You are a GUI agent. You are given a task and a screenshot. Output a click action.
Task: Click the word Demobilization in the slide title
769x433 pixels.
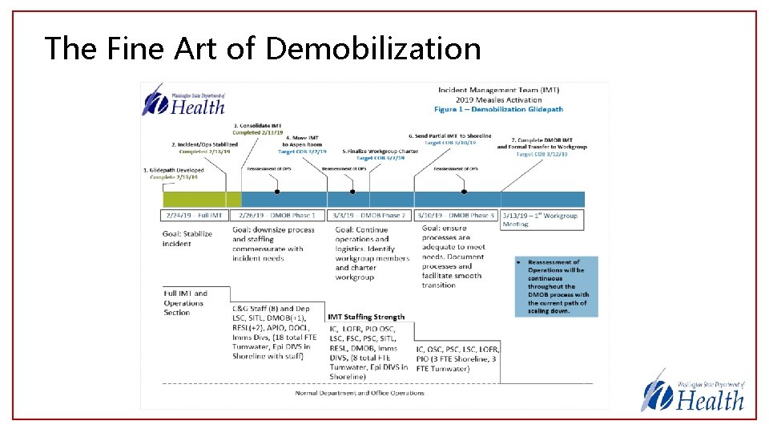[373, 48]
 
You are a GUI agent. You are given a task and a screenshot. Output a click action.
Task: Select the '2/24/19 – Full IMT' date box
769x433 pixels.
[195, 216]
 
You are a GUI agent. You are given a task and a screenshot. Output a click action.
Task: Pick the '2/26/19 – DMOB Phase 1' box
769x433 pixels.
[277, 216]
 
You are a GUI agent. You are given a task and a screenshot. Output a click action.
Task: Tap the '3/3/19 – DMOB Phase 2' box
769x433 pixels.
[369, 216]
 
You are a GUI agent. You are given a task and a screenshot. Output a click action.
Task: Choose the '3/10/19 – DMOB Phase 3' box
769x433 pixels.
[457, 216]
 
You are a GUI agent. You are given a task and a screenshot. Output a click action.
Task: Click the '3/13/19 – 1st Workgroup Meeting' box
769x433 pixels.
[542, 220]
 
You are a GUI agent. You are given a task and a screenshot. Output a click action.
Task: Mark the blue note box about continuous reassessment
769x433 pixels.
[556, 286]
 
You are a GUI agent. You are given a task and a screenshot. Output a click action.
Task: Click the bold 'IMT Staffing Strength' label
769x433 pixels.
[367, 318]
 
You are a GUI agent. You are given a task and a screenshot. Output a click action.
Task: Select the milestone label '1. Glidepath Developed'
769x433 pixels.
[175, 170]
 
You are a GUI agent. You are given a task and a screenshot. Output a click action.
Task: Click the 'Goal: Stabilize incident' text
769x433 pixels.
[187, 238]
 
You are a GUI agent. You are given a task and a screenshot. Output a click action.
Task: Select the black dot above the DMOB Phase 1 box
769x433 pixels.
[277, 192]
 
